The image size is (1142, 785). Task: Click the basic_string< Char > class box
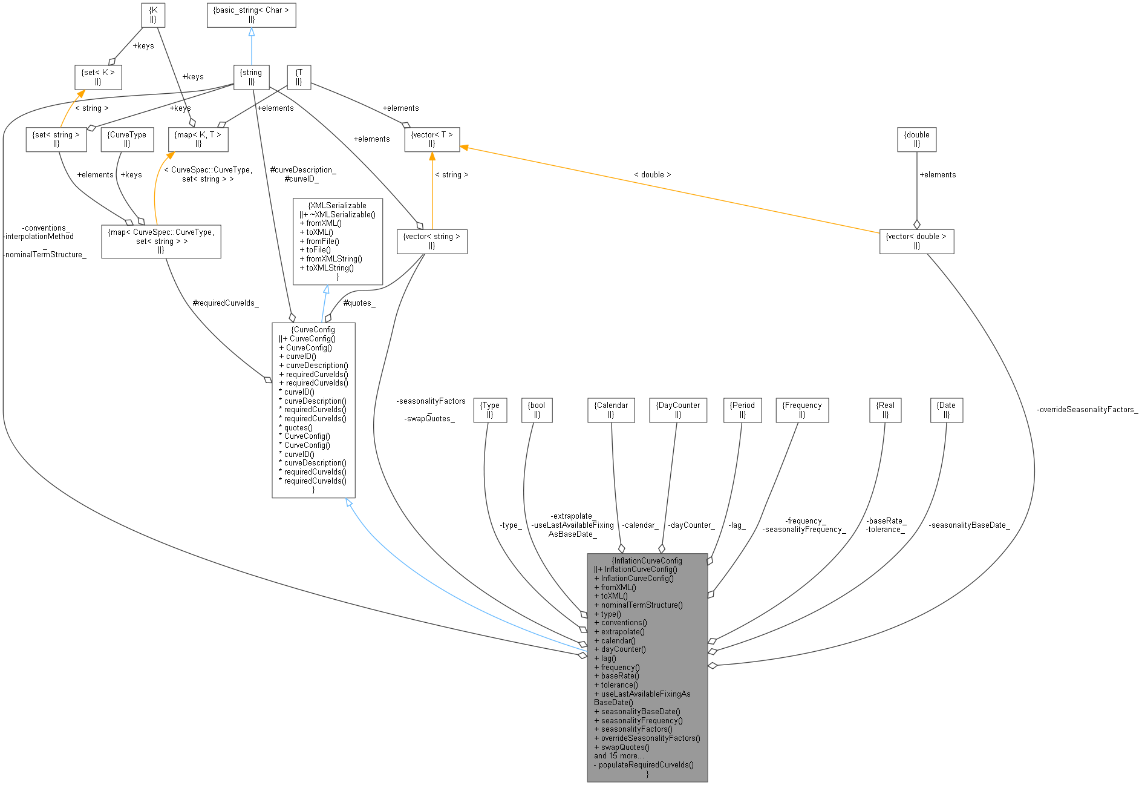point(251,15)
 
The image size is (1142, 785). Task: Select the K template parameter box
point(153,15)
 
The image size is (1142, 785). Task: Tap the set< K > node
point(98,77)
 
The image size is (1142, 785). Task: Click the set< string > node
point(56,139)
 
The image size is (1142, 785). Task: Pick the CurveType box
point(127,139)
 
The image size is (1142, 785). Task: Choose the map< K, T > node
point(198,139)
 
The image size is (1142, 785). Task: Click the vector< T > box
point(432,139)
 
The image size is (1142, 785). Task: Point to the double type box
point(916,139)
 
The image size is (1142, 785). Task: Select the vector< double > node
point(916,241)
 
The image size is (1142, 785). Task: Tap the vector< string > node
point(431,241)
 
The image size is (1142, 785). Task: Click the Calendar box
point(611,410)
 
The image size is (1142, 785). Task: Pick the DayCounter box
point(677,410)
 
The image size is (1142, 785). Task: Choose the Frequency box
point(801,410)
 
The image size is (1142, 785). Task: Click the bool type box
point(537,410)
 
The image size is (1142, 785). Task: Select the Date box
point(946,410)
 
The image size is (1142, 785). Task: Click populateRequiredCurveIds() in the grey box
point(646,764)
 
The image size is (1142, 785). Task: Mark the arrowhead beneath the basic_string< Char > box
point(252,32)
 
